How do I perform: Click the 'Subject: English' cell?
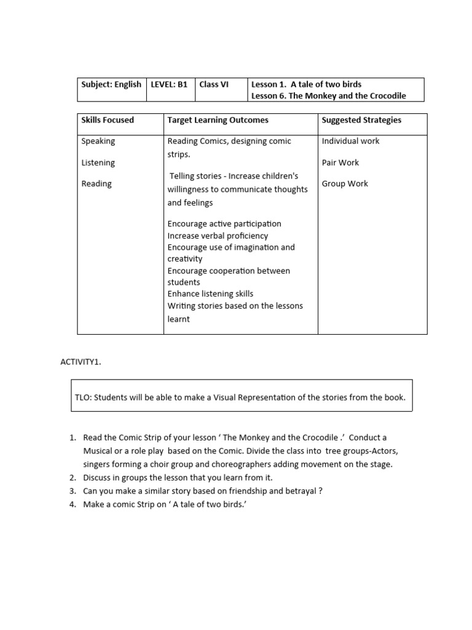(111, 84)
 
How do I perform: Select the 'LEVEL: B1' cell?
(169, 84)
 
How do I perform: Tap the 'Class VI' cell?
(214, 84)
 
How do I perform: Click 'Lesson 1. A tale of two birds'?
(307, 84)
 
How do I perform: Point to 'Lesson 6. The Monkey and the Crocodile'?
(329, 96)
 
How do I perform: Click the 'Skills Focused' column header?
(108, 120)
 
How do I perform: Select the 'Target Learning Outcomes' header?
(218, 120)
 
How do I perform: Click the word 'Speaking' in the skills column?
(98, 141)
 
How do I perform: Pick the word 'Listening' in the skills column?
(98, 162)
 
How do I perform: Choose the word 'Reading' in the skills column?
(96, 183)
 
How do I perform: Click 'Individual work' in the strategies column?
(350, 141)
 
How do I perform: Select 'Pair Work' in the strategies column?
(340, 162)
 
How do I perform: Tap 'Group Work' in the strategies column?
(345, 183)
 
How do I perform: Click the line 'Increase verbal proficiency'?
(218, 236)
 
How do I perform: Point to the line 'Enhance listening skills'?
(210, 294)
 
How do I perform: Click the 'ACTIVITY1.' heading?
(81, 362)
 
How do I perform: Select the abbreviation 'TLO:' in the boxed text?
(84, 397)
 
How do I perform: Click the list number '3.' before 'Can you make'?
(73, 491)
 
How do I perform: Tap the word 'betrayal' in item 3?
(299, 491)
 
